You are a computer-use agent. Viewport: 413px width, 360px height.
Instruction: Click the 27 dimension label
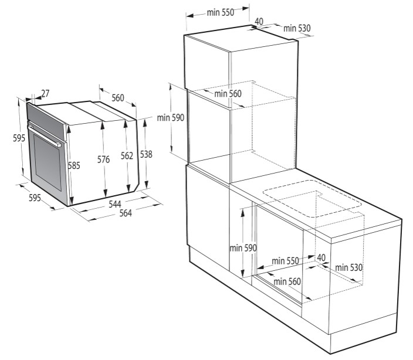(x=45, y=93)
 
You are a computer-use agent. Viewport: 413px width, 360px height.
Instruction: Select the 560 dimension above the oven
(x=118, y=98)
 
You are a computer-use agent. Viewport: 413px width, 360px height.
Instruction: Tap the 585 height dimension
(x=74, y=165)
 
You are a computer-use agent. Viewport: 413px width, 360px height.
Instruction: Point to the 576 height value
(x=103, y=159)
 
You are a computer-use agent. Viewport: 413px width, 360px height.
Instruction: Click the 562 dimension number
(x=127, y=156)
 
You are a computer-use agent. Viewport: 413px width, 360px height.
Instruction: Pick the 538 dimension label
(x=146, y=154)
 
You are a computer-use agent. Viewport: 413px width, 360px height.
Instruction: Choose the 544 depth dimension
(x=115, y=204)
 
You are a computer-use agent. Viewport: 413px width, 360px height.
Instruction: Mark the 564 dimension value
(x=126, y=213)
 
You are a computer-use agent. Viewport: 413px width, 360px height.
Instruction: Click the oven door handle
(x=45, y=136)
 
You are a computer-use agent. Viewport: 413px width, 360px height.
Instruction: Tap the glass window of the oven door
(x=48, y=162)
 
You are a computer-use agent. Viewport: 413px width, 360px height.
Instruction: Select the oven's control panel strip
(x=46, y=121)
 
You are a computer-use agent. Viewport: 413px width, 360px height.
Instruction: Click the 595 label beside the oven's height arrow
(x=19, y=138)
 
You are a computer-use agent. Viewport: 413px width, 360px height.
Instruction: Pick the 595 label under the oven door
(x=35, y=198)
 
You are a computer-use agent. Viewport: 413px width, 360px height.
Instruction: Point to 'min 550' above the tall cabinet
(x=221, y=12)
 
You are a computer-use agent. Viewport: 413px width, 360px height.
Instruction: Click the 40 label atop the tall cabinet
(x=259, y=22)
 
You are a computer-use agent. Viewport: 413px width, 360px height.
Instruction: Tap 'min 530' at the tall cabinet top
(x=297, y=28)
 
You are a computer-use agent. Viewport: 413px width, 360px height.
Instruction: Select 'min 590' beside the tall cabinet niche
(x=171, y=118)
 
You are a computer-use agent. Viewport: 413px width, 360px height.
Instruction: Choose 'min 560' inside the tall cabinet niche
(x=228, y=93)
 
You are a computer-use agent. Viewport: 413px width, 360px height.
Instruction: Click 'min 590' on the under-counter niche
(x=243, y=248)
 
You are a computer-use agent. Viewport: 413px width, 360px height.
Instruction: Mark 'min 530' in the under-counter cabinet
(x=348, y=267)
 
